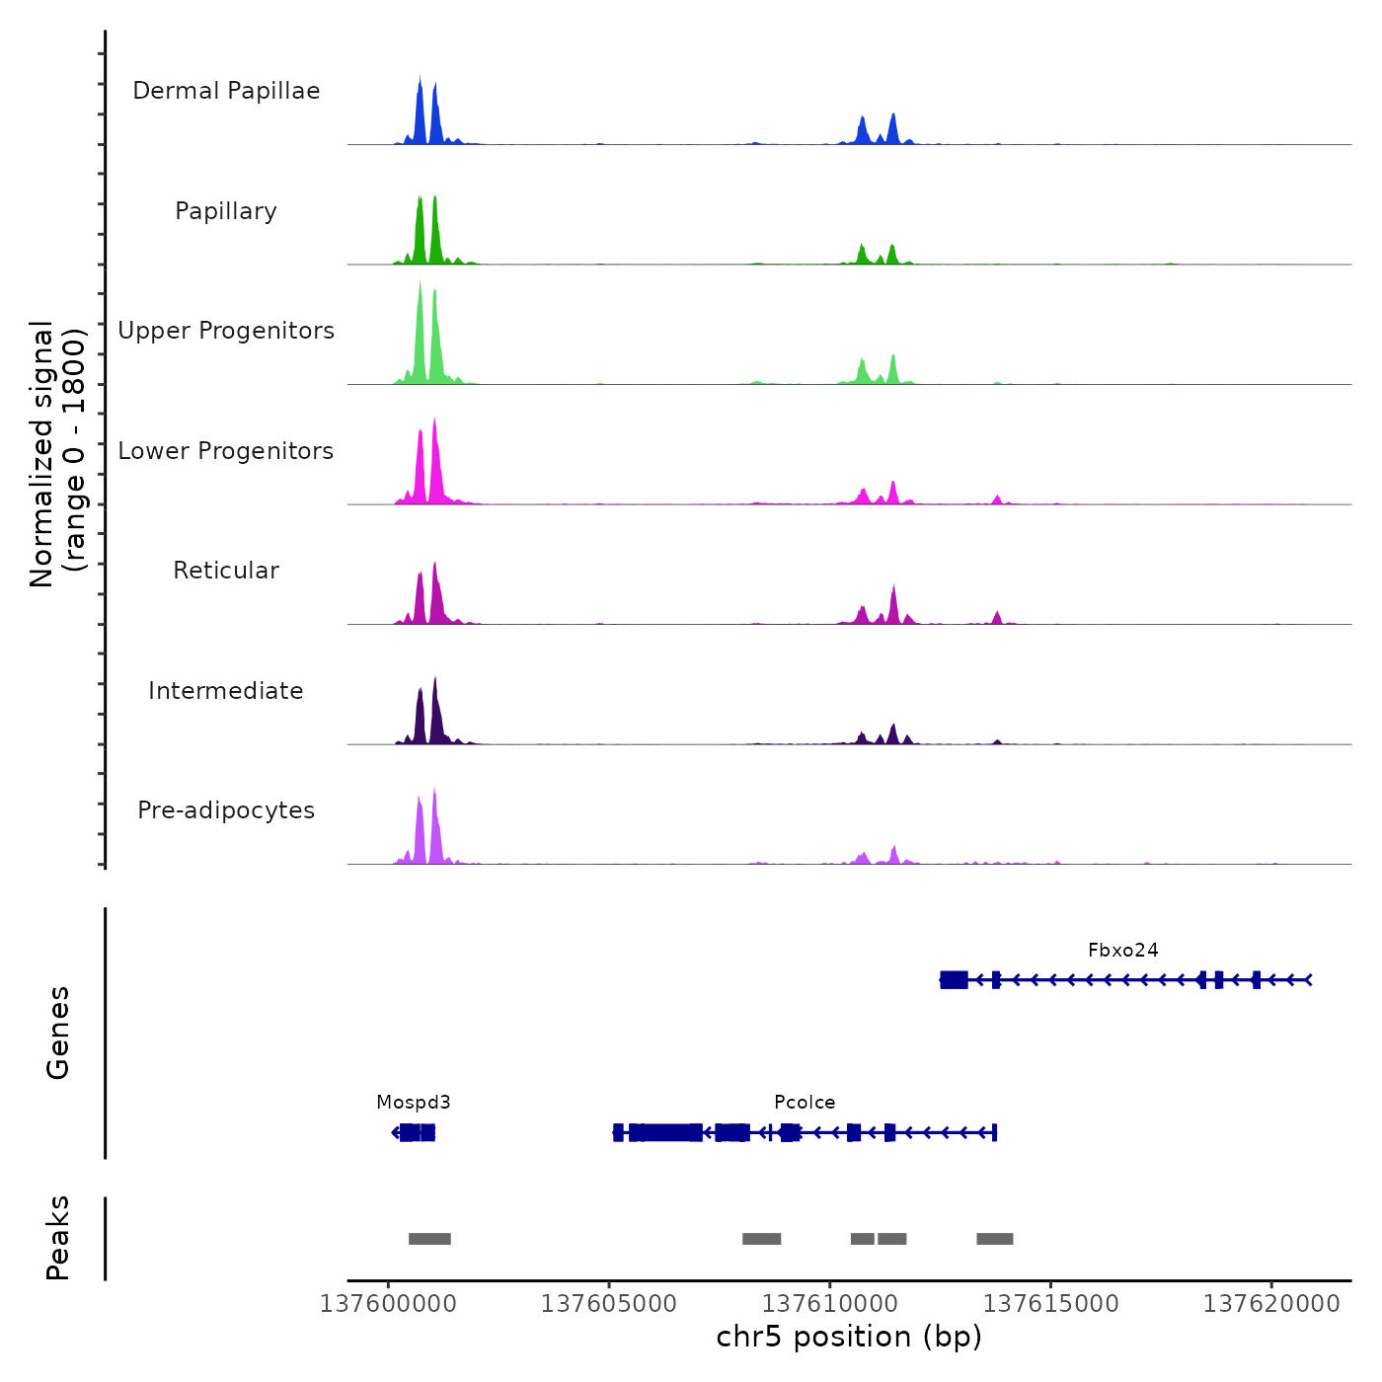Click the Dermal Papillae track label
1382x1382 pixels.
226,91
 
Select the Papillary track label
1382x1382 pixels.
226,211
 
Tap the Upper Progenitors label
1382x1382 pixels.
226,331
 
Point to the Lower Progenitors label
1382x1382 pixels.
226,451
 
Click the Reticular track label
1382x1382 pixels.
226,571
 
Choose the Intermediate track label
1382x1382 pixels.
226,691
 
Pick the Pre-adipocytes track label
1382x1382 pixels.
226,810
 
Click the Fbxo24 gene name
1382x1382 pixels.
1122,951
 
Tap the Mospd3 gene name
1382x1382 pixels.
413,1103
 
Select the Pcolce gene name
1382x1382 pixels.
805,1103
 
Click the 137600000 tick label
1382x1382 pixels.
388,1304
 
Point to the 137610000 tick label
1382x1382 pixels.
830,1304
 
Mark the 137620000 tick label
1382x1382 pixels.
1271,1304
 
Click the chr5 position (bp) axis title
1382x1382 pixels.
849,1338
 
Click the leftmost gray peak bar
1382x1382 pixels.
429,1239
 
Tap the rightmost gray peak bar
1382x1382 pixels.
994,1239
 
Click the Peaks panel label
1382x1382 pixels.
57,1238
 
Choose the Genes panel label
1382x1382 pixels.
57,1033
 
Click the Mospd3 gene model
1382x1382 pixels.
415,1132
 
